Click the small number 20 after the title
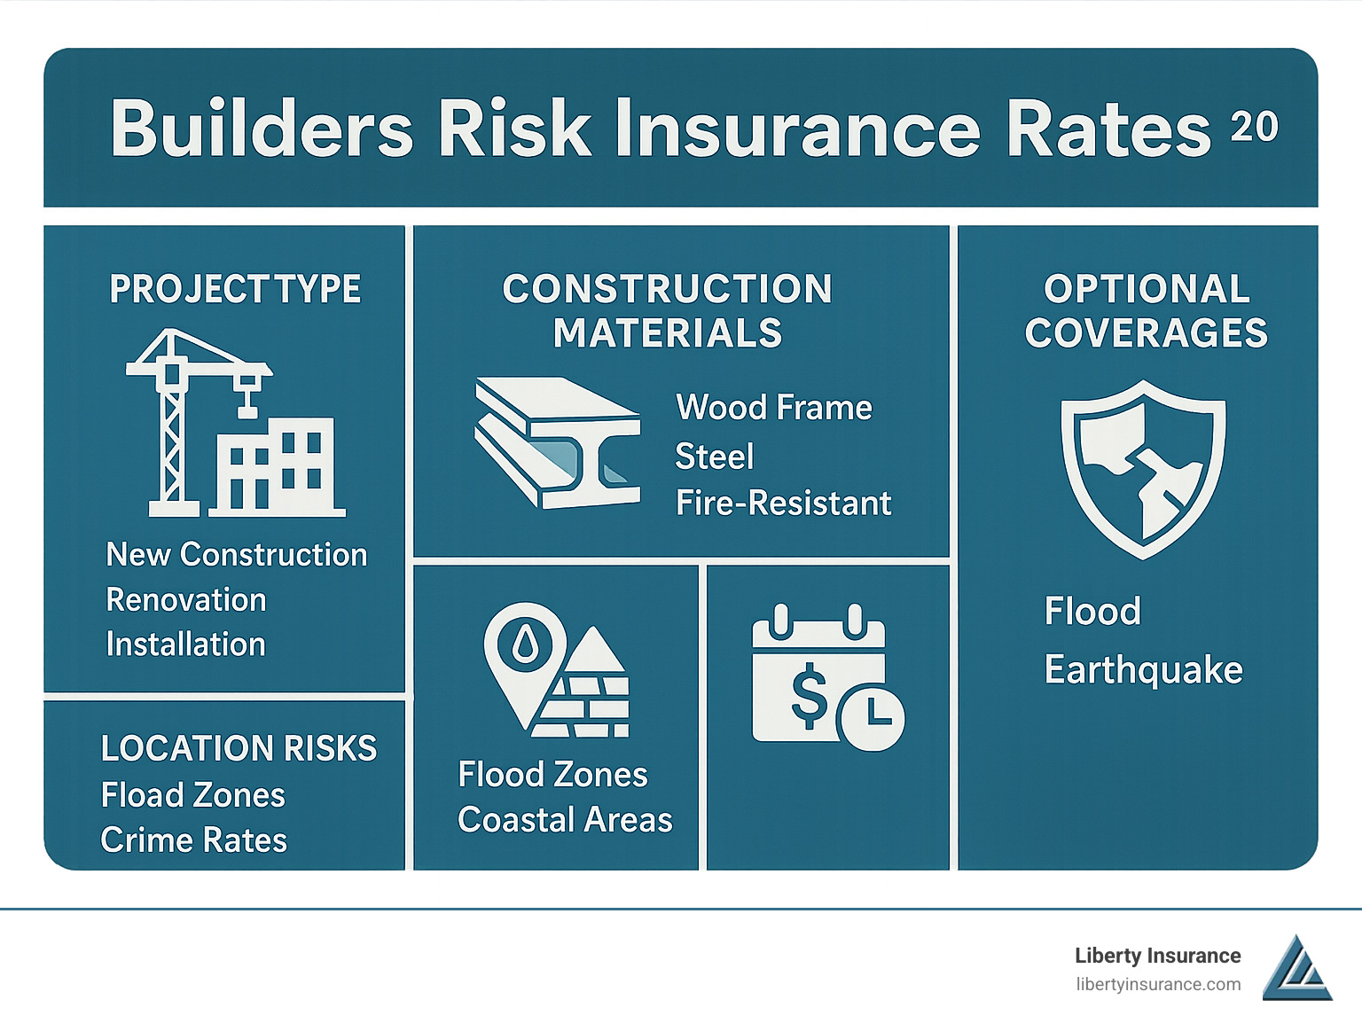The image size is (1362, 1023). [1254, 127]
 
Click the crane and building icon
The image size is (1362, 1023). [235, 423]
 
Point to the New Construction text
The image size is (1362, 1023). [237, 554]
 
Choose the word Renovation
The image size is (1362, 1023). [186, 600]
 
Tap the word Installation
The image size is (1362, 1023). [186, 644]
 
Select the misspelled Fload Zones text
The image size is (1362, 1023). [193, 794]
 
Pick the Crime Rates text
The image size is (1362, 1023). [193, 840]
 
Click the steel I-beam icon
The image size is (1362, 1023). [557, 442]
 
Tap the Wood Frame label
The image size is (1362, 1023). [774, 408]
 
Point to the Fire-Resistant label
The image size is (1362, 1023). [783, 503]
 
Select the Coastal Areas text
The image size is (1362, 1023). [565, 819]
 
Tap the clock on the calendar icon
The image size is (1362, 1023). [871, 718]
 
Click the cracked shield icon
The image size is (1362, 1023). [1144, 469]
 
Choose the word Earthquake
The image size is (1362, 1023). [1144, 669]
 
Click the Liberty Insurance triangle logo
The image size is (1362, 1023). [1297, 967]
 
